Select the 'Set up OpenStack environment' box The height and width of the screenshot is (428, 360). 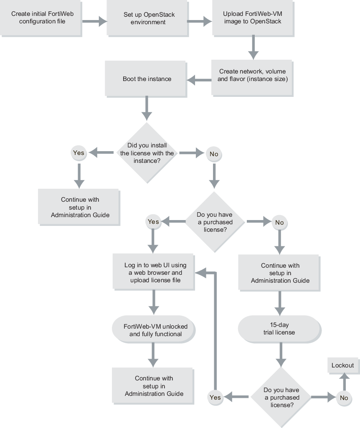click(147, 18)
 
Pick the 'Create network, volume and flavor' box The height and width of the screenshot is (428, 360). click(252, 75)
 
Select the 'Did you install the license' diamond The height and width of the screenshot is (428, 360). click(147, 153)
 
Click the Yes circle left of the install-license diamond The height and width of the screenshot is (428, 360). click(79, 153)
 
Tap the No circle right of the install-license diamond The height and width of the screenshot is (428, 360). click(214, 154)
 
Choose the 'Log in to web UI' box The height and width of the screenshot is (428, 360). click(154, 272)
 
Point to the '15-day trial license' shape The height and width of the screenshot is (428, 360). click(279, 329)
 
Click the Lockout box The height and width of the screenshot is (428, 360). click(342, 365)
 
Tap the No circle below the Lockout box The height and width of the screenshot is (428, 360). click(344, 398)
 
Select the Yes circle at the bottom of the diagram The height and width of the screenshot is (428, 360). click(215, 398)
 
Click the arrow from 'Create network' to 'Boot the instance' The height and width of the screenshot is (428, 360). click(198, 79)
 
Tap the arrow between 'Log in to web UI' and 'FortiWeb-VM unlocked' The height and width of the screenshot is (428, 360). click(154, 301)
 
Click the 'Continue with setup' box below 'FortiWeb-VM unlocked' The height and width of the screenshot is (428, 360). click(154, 386)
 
